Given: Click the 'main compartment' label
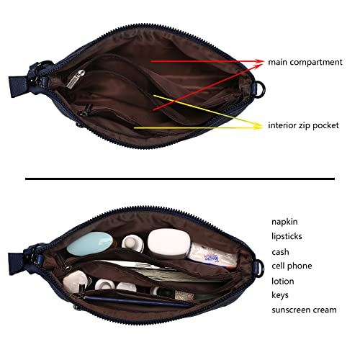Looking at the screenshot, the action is point(305,62).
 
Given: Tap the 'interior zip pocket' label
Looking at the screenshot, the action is point(303,125).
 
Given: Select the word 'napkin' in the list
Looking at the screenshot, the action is point(284,222).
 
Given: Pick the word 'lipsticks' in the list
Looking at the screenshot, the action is point(287,236).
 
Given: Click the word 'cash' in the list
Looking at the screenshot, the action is point(280,252).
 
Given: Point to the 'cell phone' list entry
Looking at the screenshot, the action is point(292,266).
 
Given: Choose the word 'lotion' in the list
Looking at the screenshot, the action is point(283,281).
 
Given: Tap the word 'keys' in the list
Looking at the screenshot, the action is point(280,295).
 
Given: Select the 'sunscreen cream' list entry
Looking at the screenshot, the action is point(304,310).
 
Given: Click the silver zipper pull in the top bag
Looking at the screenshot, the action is point(76,78).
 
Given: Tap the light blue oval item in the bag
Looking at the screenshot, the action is point(89,243).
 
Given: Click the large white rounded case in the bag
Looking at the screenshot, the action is point(168,243).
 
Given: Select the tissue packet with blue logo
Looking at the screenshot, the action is point(212,256).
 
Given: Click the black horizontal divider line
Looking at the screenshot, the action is point(180,179).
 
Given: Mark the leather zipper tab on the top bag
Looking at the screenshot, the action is point(18,86).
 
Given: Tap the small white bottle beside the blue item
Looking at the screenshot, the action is point(132,243).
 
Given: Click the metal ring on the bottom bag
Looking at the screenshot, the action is point(261,267).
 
